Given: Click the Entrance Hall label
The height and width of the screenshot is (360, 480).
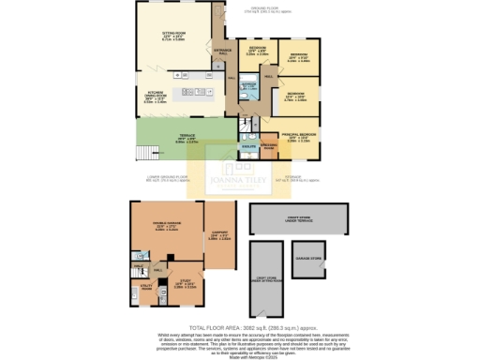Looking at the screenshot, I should [x=223, y=51].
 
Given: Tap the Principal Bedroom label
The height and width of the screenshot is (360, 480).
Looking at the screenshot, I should [x=294, y=136].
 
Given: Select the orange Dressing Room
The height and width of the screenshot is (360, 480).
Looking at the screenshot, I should [x=267, y=146].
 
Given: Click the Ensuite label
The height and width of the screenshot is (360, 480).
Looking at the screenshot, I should [x=248, y=146].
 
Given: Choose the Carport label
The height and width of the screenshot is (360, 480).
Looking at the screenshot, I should [x=215, y=236].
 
